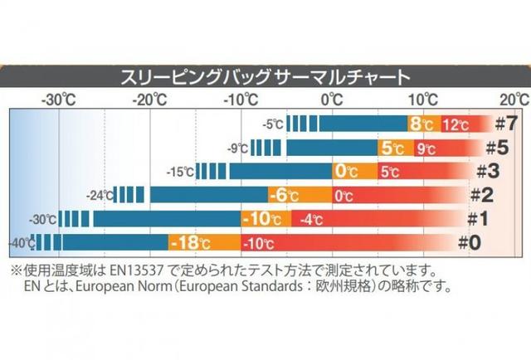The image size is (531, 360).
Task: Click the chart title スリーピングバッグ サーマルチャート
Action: click(265, 80)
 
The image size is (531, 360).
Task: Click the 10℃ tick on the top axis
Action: click(422, 100)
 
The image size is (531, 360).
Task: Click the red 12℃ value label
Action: click(455, 125)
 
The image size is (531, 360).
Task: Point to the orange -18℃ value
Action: click(189, 244)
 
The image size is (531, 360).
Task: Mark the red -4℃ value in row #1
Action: click(312, 221)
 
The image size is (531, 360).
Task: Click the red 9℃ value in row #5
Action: click(426, 149)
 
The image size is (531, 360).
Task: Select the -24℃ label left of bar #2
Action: click(99, 197)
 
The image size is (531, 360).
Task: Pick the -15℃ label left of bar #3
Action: click(180, 173)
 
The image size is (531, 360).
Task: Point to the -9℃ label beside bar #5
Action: click(237, 149)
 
